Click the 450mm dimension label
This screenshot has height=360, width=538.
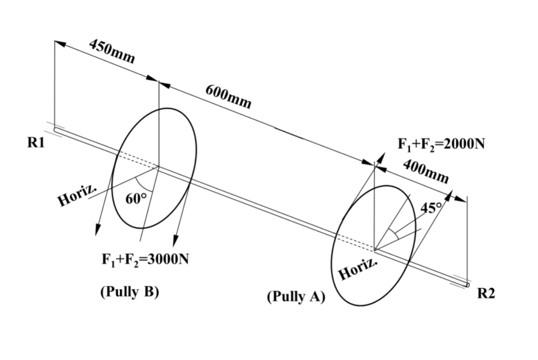coord(112,51)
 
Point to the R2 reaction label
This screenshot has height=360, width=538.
coord(486,294)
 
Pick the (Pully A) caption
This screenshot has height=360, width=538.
coord(296,297)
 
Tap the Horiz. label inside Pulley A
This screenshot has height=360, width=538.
coord(358,268)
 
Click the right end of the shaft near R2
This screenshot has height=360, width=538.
coord(468,284)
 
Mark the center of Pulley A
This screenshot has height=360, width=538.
coord(375,248)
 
